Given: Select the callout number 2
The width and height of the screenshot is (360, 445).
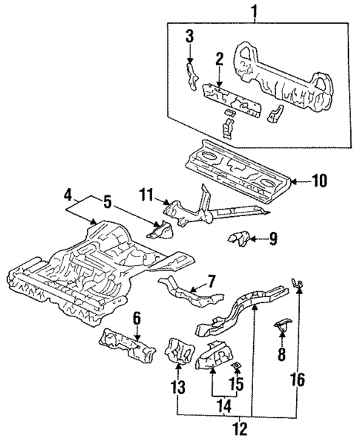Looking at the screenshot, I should click(x=219, y=59).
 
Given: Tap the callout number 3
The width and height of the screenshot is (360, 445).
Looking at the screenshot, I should click(x=189, y=35).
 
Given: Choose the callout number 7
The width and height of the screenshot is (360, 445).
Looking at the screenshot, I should click(x=212, y=282).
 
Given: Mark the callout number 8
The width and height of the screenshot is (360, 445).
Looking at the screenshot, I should click(x=281, y=355).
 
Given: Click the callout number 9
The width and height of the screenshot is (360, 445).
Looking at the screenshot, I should click(x=272, y=238).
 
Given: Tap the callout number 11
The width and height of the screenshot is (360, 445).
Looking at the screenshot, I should click(x=146, y=195).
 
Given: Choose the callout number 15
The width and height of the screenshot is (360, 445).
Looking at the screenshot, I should click(x=238, y=384).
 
